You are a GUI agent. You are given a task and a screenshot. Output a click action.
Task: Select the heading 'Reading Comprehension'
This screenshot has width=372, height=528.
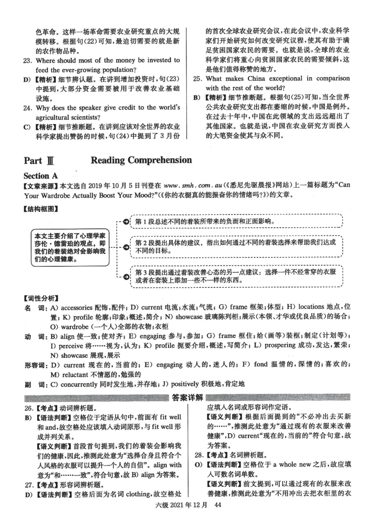(x=141, y=160)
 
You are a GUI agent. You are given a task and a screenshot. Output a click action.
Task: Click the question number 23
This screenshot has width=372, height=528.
(x=27, y=60)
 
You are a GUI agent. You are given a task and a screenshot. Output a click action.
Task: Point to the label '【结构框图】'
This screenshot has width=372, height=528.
(x=41, y=209)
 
